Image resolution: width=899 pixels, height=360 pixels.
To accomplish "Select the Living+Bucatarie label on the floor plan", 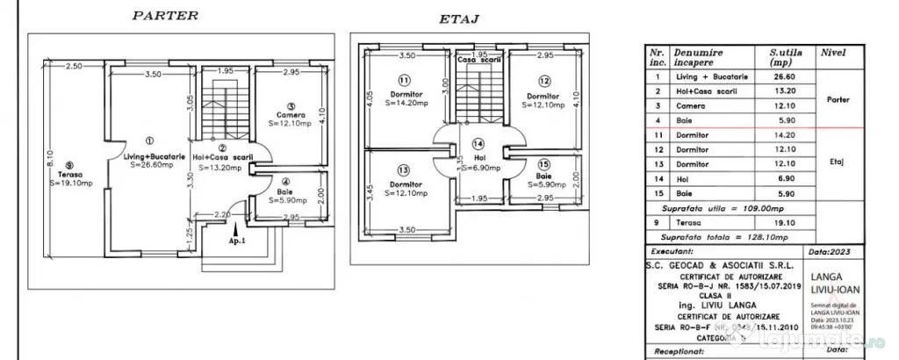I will [x=150, y=155].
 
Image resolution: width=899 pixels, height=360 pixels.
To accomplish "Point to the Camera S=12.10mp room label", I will [x=289, y=120].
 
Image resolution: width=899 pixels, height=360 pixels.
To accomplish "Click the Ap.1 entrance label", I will [x=234, y=239].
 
